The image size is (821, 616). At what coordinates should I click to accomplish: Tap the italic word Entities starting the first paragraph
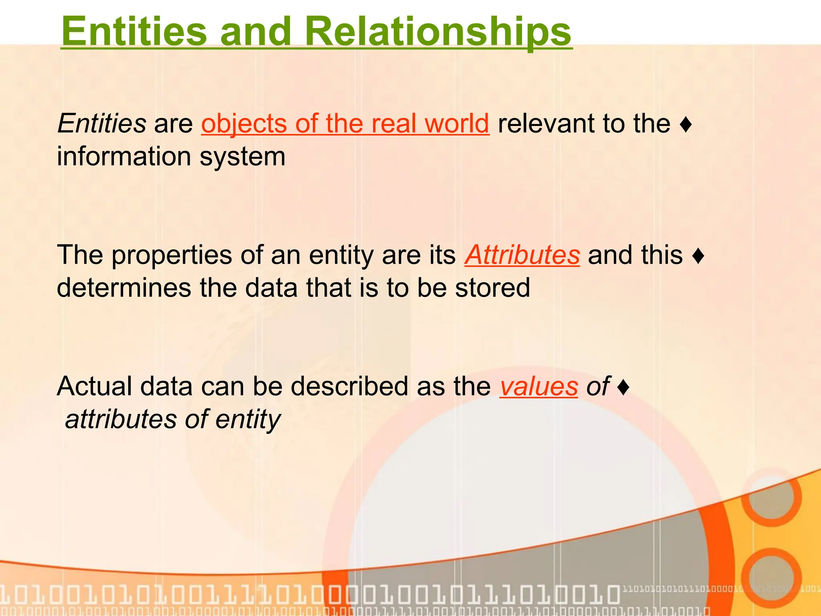102,123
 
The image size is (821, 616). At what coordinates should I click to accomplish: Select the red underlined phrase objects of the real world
345,123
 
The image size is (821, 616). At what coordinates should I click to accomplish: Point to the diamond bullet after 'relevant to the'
686,125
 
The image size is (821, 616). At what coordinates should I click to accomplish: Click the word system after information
243,156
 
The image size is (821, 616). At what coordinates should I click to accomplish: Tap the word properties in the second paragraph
172,255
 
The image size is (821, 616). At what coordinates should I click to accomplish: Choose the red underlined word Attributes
522,255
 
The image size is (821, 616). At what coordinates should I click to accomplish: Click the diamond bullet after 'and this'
698,256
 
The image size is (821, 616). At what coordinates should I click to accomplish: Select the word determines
124,288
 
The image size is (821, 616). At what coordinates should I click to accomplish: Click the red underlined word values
538,386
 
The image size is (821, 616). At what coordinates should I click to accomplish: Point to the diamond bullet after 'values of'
623,388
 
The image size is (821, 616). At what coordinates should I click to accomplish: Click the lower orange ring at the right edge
770,577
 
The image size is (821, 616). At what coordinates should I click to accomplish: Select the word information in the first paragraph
124,156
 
